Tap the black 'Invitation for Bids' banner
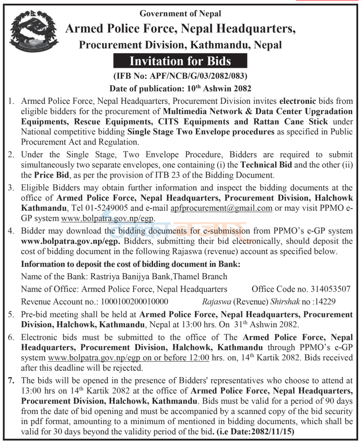[180, 61]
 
